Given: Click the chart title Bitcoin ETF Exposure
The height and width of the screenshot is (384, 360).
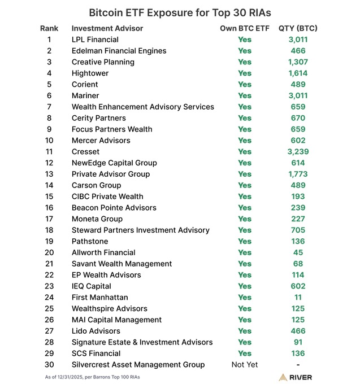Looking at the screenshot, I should (180, 12).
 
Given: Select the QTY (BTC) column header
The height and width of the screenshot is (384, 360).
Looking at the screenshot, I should (298, 28).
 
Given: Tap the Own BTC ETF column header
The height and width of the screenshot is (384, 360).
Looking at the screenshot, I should (244, 28).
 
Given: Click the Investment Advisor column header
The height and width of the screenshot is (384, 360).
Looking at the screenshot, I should (107, 28).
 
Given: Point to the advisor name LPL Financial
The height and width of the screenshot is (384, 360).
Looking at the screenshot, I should (95, 40).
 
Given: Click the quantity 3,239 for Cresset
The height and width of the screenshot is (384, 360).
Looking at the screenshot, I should (298, 151).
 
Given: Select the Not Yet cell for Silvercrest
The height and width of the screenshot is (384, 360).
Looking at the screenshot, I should (244, 365).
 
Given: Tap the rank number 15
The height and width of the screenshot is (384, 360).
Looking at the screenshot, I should (49, 197).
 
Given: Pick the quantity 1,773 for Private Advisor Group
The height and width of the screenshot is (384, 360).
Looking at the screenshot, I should (298, 174).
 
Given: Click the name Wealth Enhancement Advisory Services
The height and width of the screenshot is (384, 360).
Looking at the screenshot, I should (143, 107).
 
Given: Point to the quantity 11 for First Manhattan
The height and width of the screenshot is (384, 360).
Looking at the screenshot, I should (298, 297).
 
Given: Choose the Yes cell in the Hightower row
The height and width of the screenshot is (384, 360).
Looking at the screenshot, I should (245, 73).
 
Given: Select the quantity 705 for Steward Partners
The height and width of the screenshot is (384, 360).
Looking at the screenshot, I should (298, 230).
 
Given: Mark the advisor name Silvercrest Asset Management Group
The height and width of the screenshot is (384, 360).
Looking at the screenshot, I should (138, 365).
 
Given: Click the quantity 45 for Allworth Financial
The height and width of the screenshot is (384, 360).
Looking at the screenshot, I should (298, 252).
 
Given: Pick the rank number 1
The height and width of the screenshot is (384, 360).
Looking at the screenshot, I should (49, 40).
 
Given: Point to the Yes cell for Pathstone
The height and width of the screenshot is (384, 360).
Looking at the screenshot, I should (245, 241).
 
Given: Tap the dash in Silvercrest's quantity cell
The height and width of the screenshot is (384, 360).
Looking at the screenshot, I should (298, 365).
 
